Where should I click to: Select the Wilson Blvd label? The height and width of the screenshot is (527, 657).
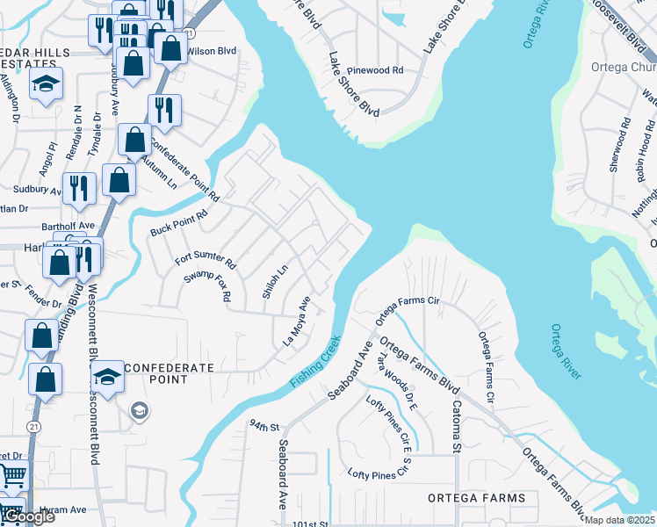coord(212,52)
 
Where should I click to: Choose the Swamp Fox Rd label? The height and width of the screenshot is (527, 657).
coord(206,285)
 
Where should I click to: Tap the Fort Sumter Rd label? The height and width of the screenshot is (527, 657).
coord(206,258)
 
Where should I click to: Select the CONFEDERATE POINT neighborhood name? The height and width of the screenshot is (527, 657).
coord(156,373)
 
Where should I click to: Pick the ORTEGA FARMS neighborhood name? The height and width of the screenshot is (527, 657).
coord(476,498)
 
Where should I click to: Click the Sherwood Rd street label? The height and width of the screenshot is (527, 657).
coord(622,144)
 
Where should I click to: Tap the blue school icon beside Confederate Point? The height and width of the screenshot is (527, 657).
coord(108,378)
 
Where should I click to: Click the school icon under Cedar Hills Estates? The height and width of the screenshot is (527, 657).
coord(44,84)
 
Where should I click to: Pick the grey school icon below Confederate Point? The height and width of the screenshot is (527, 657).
coord(140,410)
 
